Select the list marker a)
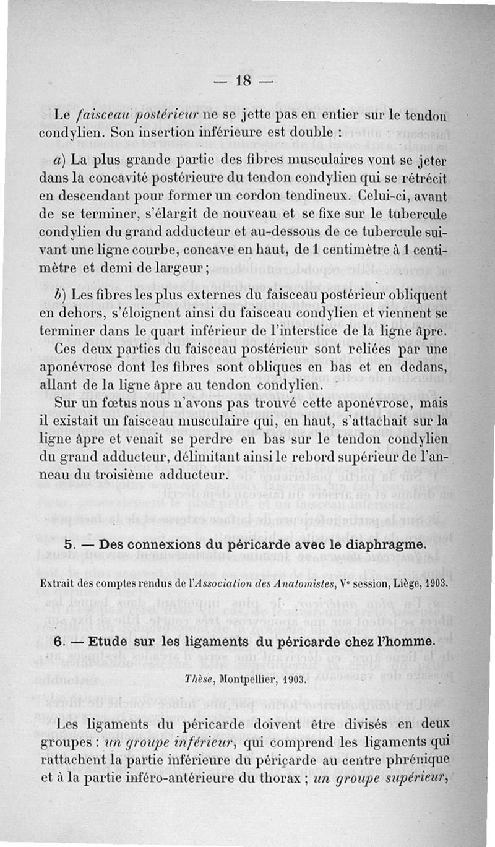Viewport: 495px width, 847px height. click(61, 158)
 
